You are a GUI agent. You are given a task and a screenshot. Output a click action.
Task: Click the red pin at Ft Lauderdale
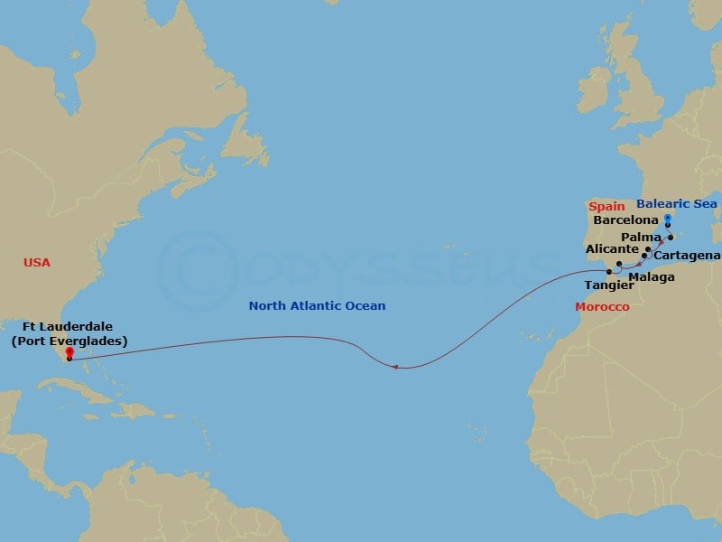[x=69, y=353]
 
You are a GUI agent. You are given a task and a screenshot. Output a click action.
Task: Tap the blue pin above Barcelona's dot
[x=667, y=219]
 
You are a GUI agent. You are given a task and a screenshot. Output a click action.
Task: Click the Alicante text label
[x=612, y=248]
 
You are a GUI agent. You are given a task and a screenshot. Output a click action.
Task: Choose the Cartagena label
[x=688, y=255]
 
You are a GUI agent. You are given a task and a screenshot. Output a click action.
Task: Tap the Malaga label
[x=653, y=276]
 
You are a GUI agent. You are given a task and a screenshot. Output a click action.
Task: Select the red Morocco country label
[x=602, y=307]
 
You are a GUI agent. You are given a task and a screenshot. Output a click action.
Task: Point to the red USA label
[x=37, y=263]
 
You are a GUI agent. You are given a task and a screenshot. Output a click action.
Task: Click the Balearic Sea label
[x=677, y=204]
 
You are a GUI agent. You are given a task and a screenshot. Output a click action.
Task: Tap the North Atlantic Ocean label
[x=317, y=306]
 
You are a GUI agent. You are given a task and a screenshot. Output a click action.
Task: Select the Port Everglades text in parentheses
[x=69, y=341]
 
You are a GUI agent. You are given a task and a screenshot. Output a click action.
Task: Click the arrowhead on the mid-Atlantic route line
[x=395, y=367]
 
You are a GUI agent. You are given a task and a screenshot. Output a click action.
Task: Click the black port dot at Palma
[x=671, y=238]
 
